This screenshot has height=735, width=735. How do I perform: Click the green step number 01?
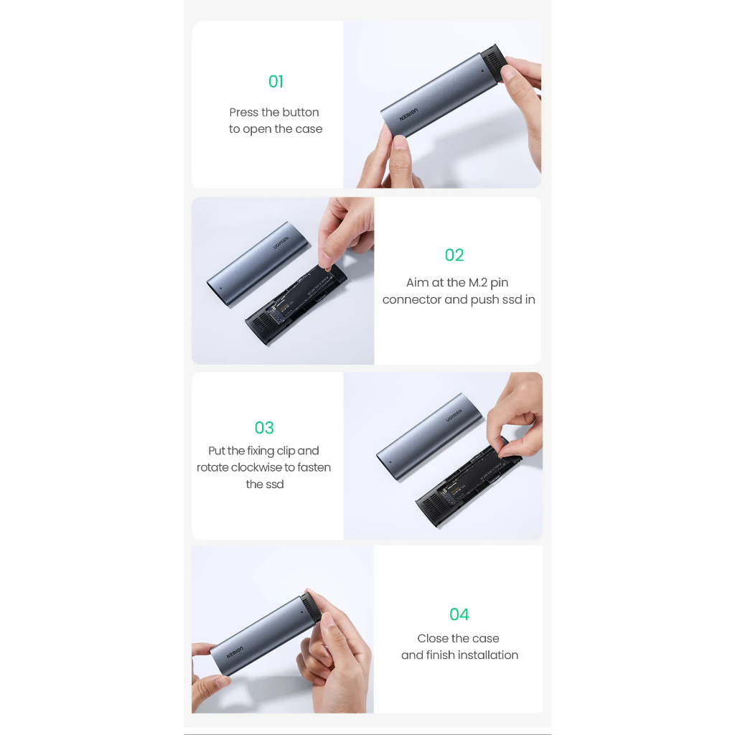point(276,82)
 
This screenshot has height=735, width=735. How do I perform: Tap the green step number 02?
point(454,255)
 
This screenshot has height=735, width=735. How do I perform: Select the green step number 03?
point(264,428)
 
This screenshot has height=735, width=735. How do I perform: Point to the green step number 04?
point(459,614)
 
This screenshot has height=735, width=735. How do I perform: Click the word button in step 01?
point(301,113)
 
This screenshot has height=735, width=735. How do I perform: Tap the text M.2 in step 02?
point(478,283)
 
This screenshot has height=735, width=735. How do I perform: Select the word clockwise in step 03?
point(256,467)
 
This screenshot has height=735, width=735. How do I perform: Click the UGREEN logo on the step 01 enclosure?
point(408,115)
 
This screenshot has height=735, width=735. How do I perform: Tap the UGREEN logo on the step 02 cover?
point(281,243)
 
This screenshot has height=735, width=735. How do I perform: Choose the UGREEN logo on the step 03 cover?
point(454,416)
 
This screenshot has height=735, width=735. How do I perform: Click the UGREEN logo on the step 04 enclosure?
point(235,652)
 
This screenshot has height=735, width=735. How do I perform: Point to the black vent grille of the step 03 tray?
point(431,505)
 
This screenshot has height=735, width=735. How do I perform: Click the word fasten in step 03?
point(314,467)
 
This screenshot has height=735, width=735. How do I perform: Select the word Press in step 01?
point(244,113)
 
